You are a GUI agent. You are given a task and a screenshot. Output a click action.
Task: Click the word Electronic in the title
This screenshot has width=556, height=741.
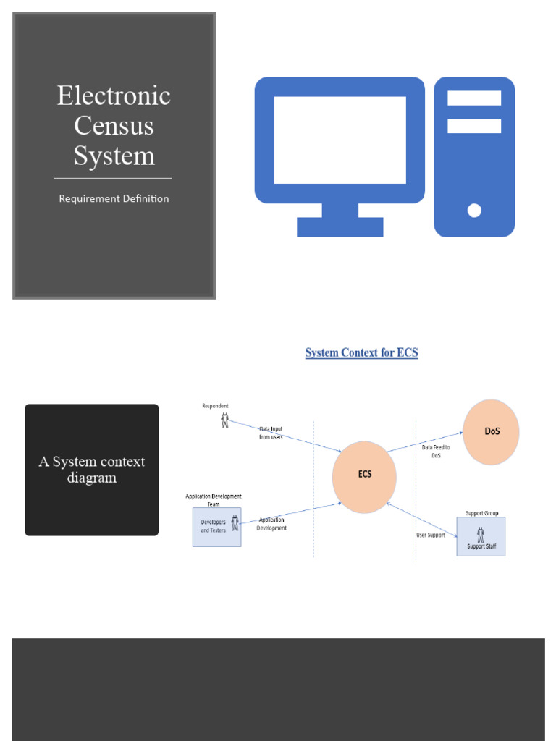click(x=114, y=96)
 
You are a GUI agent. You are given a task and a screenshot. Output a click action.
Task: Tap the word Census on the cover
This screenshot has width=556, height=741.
click(x=114, y=125)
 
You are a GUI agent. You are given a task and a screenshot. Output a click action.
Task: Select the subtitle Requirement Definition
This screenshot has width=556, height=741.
click(x=114, y=198)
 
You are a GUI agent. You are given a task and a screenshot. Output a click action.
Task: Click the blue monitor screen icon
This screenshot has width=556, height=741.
click(x=340, y=140)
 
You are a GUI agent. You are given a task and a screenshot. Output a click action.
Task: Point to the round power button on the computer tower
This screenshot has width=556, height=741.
click(x=474, y=211)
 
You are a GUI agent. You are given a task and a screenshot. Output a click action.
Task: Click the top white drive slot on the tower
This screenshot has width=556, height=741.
click(x=474, y=98)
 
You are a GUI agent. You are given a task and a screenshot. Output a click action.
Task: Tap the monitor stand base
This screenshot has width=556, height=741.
click(x=340, y=227)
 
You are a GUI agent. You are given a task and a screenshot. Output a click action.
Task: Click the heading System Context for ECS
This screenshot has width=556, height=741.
click(x=361, y=353)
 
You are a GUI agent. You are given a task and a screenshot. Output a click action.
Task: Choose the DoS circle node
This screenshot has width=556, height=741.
click(x=491, y=432)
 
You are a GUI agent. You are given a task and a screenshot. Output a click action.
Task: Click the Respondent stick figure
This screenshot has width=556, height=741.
click(x=224, y=420)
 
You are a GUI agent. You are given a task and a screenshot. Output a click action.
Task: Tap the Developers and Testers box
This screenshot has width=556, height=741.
click(x=216, y=527)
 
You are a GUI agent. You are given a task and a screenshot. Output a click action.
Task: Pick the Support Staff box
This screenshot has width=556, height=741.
click(x=481, y=536)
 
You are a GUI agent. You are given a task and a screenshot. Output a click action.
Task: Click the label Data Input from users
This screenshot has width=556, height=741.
click(x=271, y=433)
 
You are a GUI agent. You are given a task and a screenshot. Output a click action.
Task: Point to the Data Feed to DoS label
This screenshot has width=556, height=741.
click(x=436, y=452)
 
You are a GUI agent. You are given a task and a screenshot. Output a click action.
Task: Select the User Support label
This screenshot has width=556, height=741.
click(x=431, y=535)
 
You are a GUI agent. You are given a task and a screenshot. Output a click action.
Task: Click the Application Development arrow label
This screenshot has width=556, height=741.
click(x=271, y=524)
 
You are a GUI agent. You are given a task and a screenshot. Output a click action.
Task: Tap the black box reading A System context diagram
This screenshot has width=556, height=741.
click(x=92, y=470)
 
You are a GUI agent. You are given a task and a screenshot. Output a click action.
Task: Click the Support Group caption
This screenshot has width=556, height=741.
click(x=481, y=513)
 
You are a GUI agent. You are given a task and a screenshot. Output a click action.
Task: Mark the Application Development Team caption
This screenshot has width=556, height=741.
click(x=214, y=500)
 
